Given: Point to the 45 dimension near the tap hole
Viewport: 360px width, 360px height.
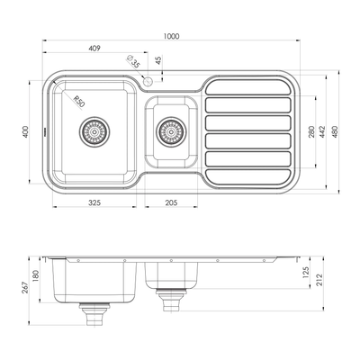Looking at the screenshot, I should click(x=159, y=60).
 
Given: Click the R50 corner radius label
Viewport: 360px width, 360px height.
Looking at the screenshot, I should click(x=78, y=102).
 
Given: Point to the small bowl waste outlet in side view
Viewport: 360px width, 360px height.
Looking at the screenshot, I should click(x=167, y=294).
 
